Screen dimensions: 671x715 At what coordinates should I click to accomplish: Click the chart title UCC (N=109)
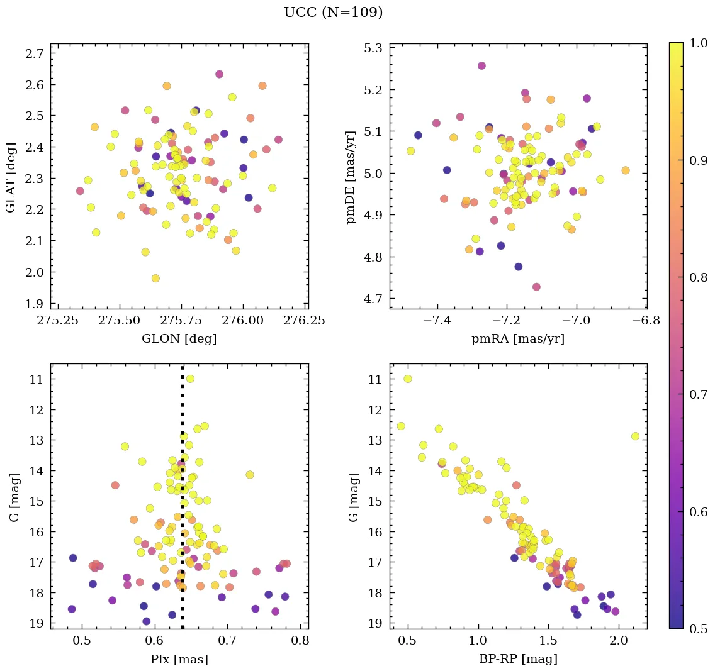(333, 13)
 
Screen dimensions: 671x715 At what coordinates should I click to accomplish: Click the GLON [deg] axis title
(179, 339)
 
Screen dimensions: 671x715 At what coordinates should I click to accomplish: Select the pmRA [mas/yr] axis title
(518, 339)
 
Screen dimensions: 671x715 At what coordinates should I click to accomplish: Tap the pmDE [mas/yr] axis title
(351, 177)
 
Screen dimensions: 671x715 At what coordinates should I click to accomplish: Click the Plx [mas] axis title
(179, 660)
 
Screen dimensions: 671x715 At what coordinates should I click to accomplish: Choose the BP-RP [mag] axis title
(518, 660)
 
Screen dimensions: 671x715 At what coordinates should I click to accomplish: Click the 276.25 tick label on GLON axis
(305, 321)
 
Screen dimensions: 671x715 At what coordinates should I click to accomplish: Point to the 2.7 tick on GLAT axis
(36, 53)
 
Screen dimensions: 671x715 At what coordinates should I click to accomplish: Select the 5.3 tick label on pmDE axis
(375, 48)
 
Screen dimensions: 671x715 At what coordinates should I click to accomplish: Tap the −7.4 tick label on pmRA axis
(438, 321)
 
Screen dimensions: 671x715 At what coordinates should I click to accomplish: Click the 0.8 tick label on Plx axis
(300, 641)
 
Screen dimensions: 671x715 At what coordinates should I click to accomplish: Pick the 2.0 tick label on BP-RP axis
(619, 641)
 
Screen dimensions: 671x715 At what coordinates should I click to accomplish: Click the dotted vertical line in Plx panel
(183, 503)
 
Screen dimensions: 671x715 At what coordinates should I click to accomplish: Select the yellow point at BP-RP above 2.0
(635, 436)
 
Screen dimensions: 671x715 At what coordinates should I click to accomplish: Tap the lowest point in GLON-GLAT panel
(155, 279)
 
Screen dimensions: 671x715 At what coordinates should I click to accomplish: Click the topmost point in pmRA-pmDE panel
(481, 65)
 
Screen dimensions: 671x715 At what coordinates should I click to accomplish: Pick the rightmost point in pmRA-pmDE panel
(625, 170)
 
